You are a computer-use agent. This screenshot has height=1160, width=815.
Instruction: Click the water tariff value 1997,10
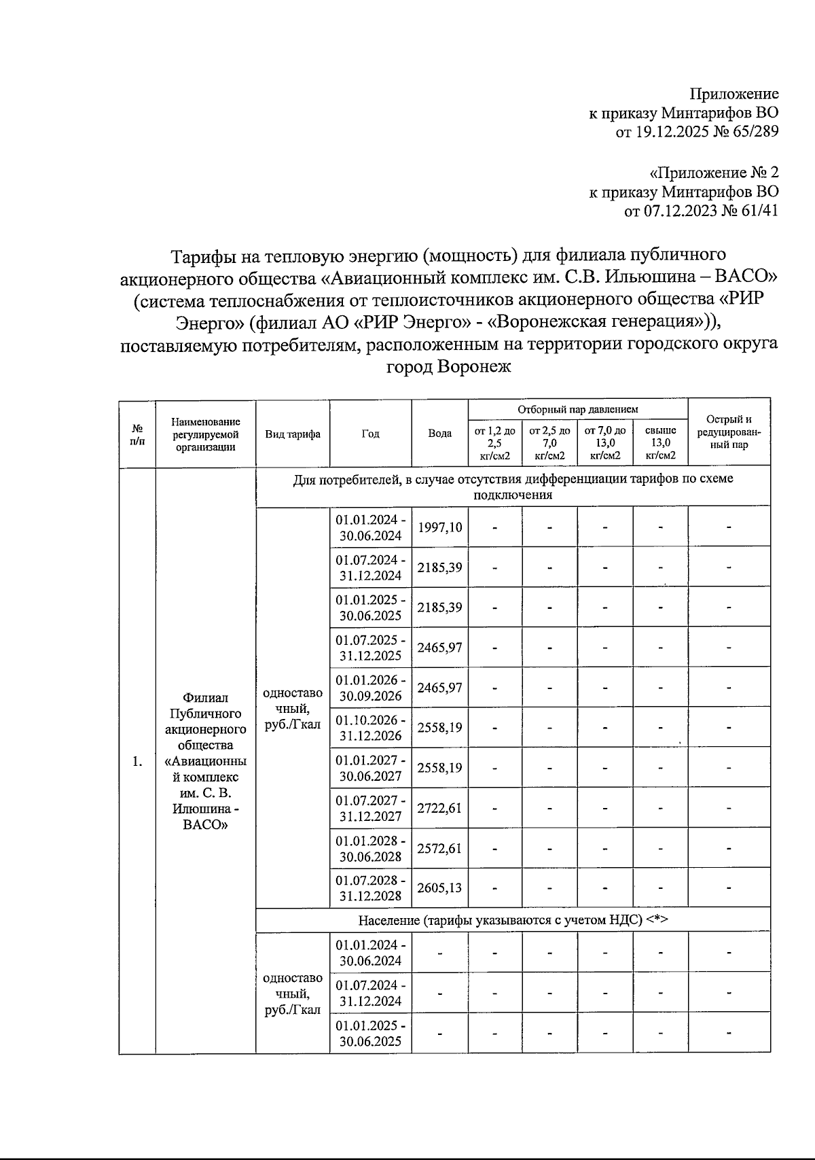tap(439, 527)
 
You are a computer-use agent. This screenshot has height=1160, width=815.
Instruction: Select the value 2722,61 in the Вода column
tap(439, 808)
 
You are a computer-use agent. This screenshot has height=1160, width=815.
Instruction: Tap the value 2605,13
tap(439, 888)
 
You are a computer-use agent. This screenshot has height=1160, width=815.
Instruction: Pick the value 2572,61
tap(439, 848)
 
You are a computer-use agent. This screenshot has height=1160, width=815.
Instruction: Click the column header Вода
tap(439, 434)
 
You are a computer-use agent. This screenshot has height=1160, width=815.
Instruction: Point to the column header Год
tap(370, 434)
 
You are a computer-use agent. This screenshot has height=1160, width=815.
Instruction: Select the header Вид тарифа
tap(293, 434)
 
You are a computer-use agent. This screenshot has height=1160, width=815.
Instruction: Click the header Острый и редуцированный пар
tap(729, 432)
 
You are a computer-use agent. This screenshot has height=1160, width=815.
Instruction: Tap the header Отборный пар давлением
tap(578, 409)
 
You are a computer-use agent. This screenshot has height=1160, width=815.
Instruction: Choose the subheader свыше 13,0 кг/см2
tap(660, 443)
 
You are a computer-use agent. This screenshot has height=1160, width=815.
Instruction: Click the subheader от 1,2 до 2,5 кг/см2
tap(494, 443)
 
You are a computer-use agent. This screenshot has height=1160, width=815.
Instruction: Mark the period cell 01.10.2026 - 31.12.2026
tap(371, 728)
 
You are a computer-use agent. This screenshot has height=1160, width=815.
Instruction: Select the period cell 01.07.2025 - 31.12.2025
tap(371, 648)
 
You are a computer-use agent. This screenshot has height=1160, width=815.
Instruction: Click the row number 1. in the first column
tap(137, 761)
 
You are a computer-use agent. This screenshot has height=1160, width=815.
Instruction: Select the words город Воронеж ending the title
tap(448, 367)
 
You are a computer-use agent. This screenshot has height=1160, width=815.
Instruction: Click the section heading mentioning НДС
tap(513, 920)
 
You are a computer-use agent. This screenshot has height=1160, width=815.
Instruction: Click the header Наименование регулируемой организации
tap(205, 434)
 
